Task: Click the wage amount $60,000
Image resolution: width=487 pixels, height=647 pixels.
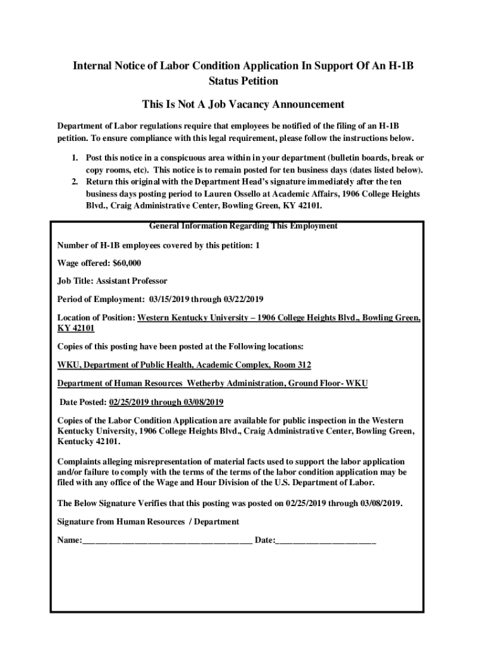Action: coord(126,263)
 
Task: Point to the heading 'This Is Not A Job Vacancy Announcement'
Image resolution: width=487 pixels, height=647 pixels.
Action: coord(243,104)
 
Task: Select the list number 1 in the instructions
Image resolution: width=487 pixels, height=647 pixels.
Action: coord(74,158)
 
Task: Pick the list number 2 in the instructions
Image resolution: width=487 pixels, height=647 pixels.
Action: coord(74,182)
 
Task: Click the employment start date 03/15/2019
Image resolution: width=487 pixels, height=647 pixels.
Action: coord(171,299)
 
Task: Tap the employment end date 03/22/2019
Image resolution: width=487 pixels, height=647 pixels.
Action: coord(242,299)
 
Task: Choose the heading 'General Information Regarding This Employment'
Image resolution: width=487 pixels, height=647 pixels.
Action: coord(243,226)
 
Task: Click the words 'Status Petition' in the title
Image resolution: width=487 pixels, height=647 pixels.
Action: coord(243,82)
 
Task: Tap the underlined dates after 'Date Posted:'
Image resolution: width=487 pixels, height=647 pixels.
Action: coord(166,402)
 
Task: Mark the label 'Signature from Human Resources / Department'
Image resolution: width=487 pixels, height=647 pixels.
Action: coord(148,522)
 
